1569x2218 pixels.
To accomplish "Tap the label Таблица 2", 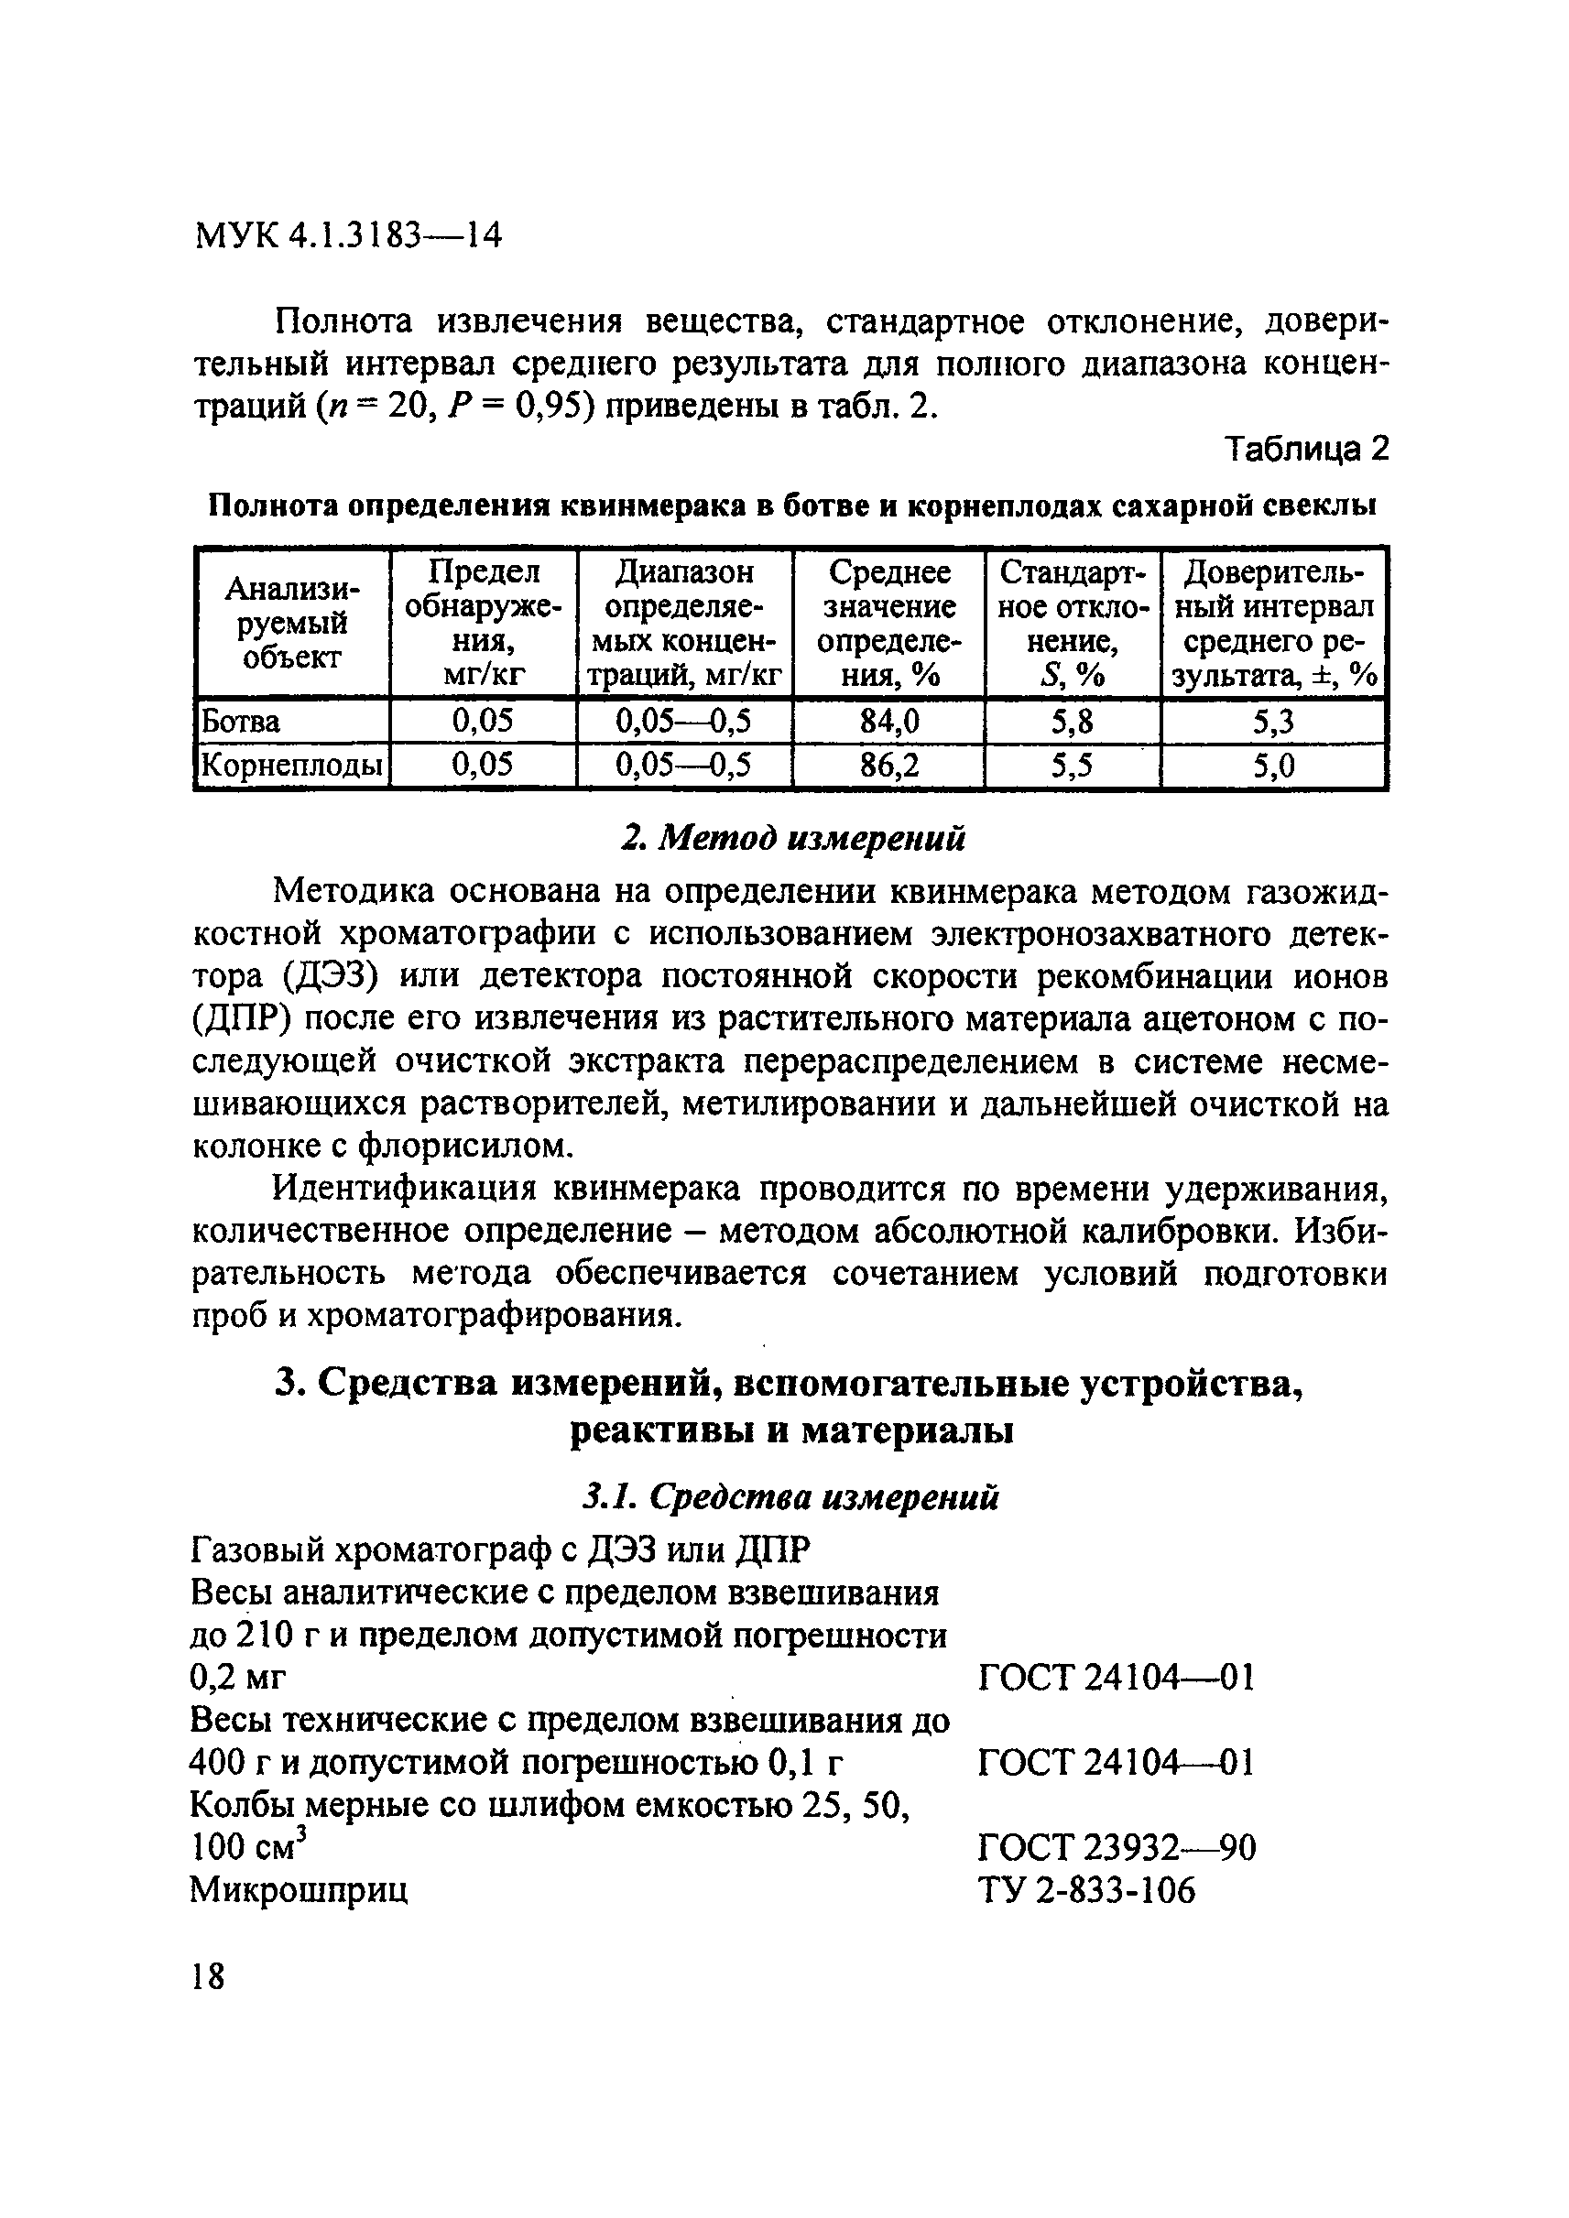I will click(1305, 451).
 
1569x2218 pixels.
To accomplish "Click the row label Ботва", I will click(240, 722).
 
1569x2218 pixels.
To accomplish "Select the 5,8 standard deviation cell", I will click(1072, 721).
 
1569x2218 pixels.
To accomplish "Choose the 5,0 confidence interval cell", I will click(1272, 767).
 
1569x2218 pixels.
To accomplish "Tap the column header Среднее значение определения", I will click(888, 623).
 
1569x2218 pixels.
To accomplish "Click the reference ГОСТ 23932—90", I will click(1116, 1848).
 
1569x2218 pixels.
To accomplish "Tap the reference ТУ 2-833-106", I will click(1087, 1890).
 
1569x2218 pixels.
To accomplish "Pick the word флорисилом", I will click(463, 1147).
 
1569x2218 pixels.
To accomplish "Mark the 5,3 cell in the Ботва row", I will click(1272, 722).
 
